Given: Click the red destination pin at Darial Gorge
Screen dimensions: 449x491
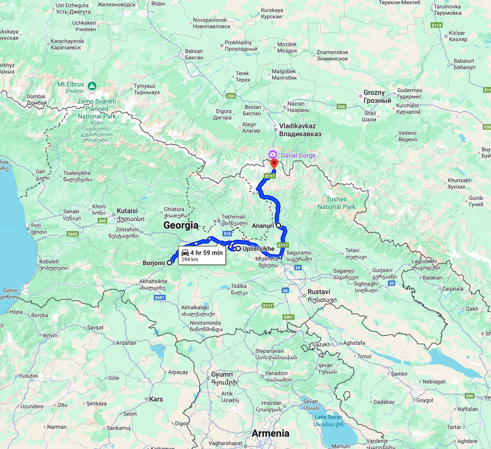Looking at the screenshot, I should [274, 164].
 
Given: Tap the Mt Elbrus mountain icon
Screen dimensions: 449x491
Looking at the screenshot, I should [92, 85].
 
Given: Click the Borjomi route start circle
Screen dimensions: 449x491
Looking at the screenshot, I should [170, 263].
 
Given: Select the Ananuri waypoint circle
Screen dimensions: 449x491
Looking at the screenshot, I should [279, 226].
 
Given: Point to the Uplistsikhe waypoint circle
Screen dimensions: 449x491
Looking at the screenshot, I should [238, 248].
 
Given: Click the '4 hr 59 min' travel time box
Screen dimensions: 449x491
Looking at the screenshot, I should [201, 255].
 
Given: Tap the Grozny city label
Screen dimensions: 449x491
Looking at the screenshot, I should [377, 96].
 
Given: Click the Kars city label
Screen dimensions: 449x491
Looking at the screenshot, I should [157, 399].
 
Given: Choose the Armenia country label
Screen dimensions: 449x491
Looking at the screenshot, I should [270, 433].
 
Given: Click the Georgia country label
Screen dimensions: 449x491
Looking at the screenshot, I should [181, 226].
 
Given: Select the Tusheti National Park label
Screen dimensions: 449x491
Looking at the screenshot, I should [336, 203].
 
